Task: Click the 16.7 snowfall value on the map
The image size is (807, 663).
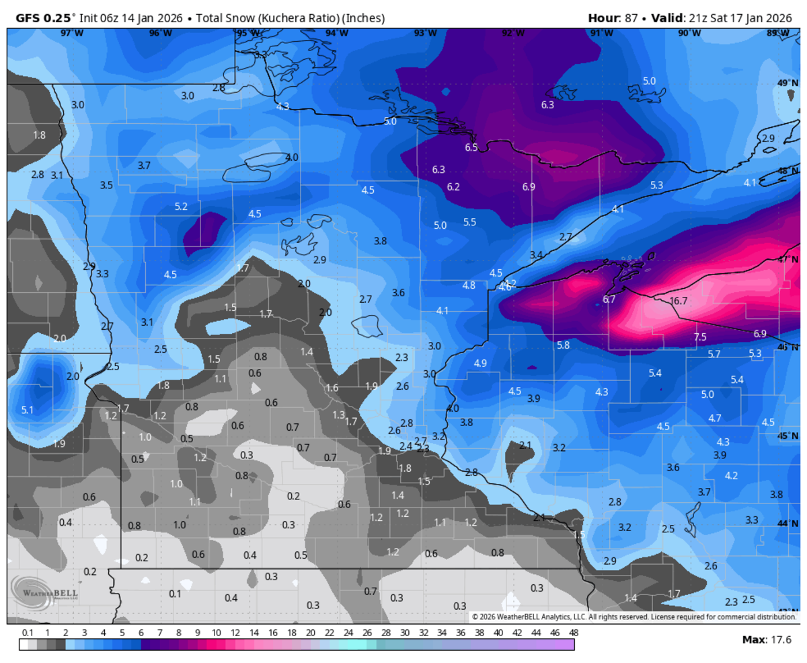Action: point(679,301)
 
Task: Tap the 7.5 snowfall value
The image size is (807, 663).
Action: point(700,337)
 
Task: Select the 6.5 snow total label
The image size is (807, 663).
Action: point(471,147)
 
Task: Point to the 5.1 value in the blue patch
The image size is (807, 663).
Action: point(28,409)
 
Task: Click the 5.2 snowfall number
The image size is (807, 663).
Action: point(181,206)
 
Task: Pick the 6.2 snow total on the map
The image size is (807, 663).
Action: point(453,186)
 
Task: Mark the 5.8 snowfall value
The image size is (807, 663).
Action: point(564,345)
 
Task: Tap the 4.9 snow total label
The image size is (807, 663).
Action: point(480,363)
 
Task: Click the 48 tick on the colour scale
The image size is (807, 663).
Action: point(573,632)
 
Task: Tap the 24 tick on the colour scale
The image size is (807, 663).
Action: point(348,632)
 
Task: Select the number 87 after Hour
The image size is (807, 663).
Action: point(629,17)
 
